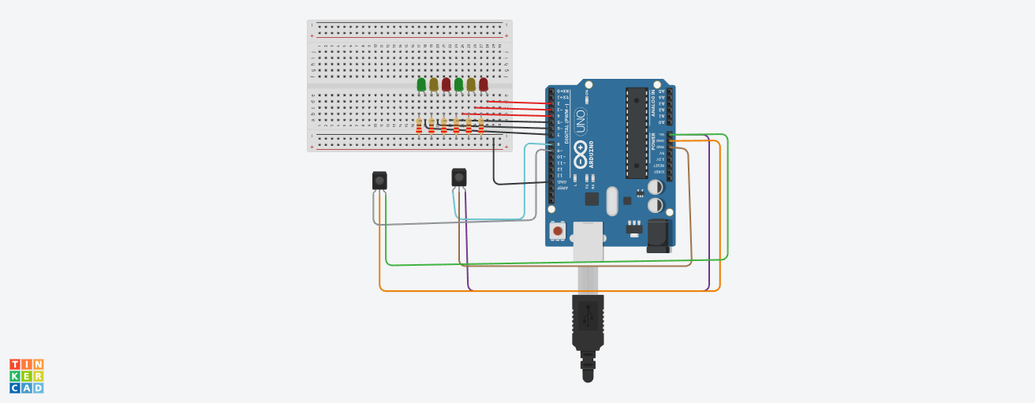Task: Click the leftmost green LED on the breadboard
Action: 421,84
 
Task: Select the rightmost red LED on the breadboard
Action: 483,84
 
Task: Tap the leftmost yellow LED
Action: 433,84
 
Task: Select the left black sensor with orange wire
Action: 379,181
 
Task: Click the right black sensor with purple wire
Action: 459,177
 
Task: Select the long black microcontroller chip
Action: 637,132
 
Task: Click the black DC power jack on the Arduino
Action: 658,236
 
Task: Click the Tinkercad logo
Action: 27,375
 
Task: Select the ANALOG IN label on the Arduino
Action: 653,103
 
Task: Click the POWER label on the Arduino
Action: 653,140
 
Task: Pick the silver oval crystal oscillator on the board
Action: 612,201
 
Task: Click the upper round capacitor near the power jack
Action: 656,188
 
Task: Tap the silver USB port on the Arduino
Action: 588,241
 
